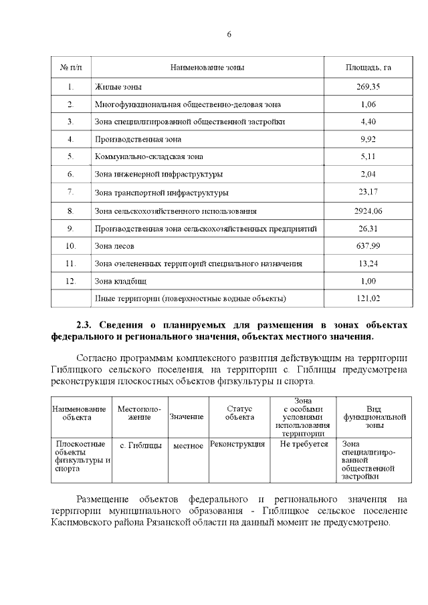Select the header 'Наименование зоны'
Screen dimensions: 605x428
[x=207, y=68]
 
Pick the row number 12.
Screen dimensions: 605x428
[x=71, y=281]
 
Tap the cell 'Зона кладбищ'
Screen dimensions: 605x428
[x=120, y=281]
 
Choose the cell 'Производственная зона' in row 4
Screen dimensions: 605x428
[x=138, y=140]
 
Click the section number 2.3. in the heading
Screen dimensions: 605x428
[x=86, y=324]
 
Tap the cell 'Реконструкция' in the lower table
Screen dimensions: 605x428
[x=237, y=444]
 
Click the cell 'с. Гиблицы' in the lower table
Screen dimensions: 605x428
[x=140, y=445]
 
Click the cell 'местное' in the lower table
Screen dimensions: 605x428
[x=187, y=445]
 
